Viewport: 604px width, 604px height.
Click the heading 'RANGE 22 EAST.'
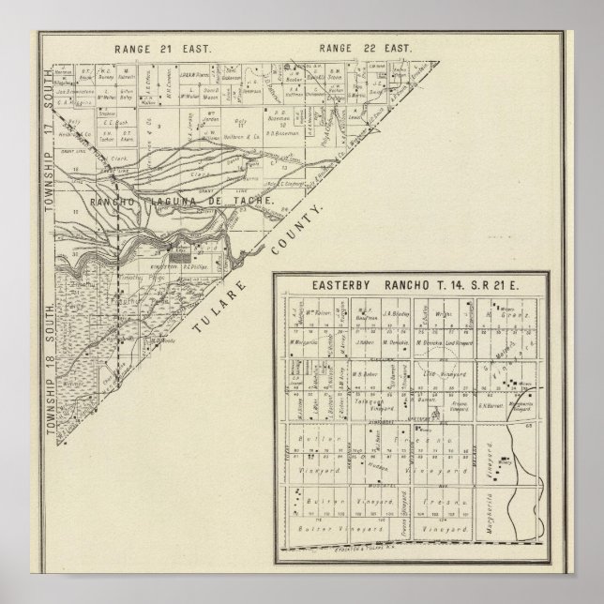[355, 47]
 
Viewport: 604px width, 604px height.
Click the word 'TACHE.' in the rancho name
[250, 201]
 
